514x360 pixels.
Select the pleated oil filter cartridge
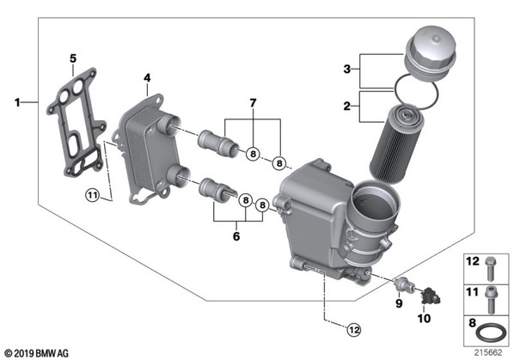(396, 143)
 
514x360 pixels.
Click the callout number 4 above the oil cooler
(147, 78)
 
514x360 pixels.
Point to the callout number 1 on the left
(17, 102)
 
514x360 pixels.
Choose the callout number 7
(253, 103)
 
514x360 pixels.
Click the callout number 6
(236, 236)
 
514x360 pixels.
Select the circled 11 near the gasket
(92, 196)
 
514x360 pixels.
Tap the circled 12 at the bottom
(354, 329)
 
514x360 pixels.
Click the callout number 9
(399, 303)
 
